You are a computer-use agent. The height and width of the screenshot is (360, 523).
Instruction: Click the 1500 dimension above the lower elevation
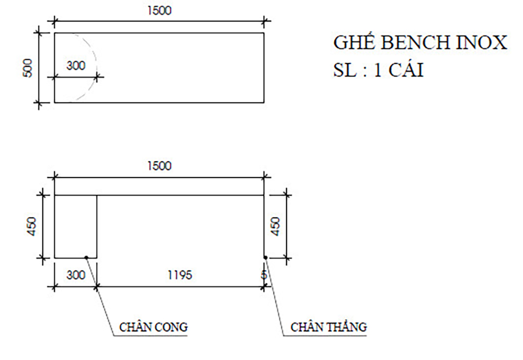pyautogui.click(x=159, y=166)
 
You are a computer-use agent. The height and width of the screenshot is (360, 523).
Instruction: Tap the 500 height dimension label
pyautogui.click(x=28, y=67)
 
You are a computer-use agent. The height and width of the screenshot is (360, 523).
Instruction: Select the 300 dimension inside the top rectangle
pyautogui.click(x=76, y=66)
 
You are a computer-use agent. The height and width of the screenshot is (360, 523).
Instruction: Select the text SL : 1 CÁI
pyautogui.click(x=378, y=70)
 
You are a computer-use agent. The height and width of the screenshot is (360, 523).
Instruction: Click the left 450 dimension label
pyautogui.click(x=33, y=226)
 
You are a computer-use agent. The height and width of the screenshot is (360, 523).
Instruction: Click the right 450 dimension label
pyautogui.click(x=276, y=226)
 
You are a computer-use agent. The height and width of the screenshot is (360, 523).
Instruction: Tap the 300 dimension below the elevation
pyautogui.click(x=76, y=275)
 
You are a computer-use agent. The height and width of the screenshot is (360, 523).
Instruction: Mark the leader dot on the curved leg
pyautogui.click(x=86, y=257)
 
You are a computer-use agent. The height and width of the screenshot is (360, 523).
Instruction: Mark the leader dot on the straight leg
pyautogui.click(x=266, y=257)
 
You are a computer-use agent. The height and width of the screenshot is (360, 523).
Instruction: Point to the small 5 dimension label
pyautogui.click(x=264, y=275)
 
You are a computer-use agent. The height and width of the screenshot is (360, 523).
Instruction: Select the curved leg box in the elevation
pyautogui.click(x=76, y=226)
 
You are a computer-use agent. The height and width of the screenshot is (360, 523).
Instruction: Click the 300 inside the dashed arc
pyautogui.click(x=76, y=66)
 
